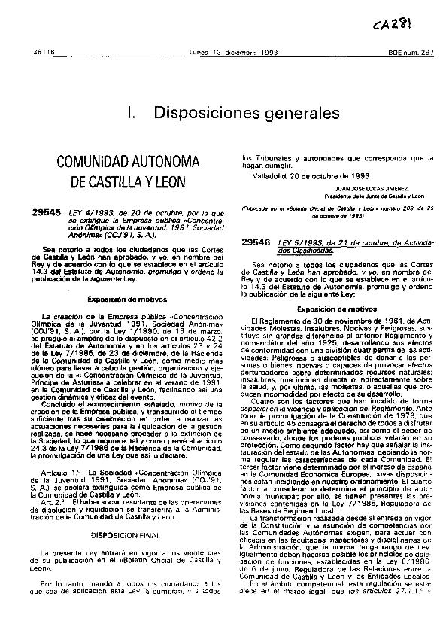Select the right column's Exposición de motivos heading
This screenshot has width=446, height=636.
[x=329, y=288]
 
